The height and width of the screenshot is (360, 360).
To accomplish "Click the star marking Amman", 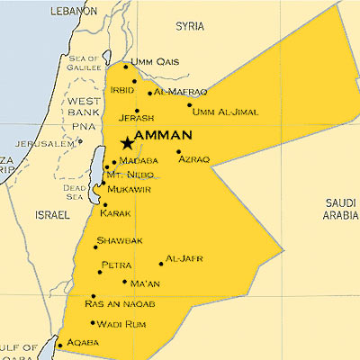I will [125, 142].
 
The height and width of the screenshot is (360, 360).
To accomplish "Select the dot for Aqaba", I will [60, 344].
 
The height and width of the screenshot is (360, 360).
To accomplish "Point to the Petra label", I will [117, 265].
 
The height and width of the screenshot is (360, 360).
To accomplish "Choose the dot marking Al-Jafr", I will [161, 264].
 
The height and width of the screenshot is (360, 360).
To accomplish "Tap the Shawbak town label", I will [119, 241].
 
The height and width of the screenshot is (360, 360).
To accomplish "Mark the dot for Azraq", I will [178, 151].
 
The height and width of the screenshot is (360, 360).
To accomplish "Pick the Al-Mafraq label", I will [181, 92].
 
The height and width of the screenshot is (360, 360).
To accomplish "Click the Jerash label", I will [137, 118].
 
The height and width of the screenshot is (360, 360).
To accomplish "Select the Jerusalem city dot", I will [79, 141].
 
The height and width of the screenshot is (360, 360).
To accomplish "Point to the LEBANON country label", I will [74, 10].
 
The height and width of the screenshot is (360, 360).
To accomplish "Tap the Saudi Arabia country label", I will [340, 209].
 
